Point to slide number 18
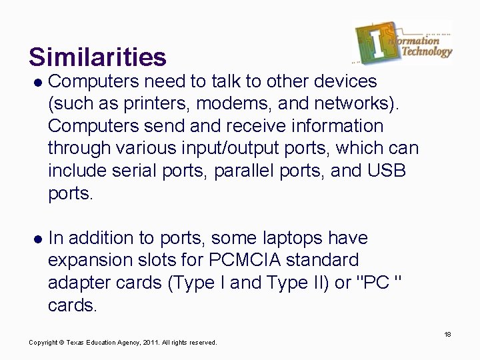447,333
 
